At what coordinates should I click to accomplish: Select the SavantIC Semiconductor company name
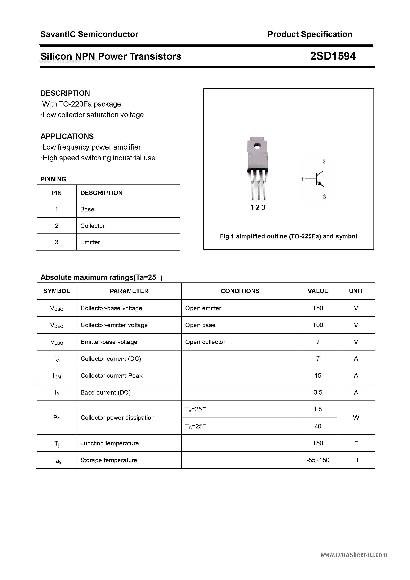tap(89, 34)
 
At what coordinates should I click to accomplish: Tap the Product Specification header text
tap(310, 34)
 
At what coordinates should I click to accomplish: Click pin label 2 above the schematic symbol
tap(324, 161)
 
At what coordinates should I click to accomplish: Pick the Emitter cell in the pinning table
tap(90, 242)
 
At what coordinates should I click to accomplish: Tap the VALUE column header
tap(318, 291)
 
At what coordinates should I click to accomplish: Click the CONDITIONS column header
tap(240, 291)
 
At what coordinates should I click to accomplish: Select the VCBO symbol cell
tap(57, 308)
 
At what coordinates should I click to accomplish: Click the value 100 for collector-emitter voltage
tap(318, 325)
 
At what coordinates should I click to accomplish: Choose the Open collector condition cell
tap(205, 342)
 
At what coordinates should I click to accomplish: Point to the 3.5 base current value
tap(318, 392)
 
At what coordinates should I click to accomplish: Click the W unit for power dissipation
tap(356, 418)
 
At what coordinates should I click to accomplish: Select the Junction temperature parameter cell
tap(110, 443)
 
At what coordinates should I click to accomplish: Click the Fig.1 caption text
tap(288, 236)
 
